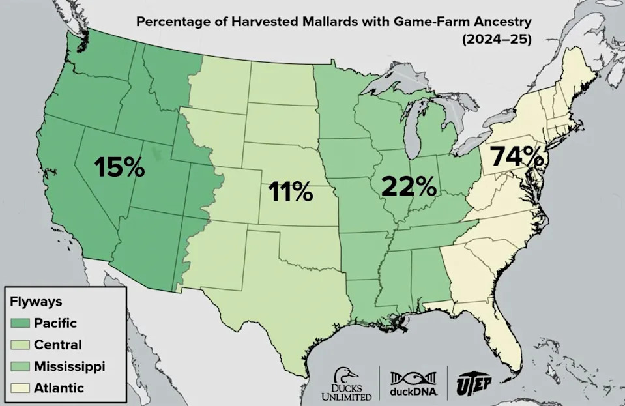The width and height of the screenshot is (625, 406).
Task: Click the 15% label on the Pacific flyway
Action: [119, 167]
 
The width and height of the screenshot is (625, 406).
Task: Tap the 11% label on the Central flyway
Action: [291, 192]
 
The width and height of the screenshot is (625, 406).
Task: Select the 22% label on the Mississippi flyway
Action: [409, 186]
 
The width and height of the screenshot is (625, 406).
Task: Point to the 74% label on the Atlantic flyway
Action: [517, 156]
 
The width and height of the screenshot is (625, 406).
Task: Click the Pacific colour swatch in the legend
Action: [25, 323]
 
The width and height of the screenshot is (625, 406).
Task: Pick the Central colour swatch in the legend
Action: [25, 345]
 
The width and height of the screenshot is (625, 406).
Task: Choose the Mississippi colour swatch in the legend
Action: [25, 366]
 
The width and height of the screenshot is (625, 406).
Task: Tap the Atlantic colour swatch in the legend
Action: [25, 388]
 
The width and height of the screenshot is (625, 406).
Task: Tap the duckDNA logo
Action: [413, 384]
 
